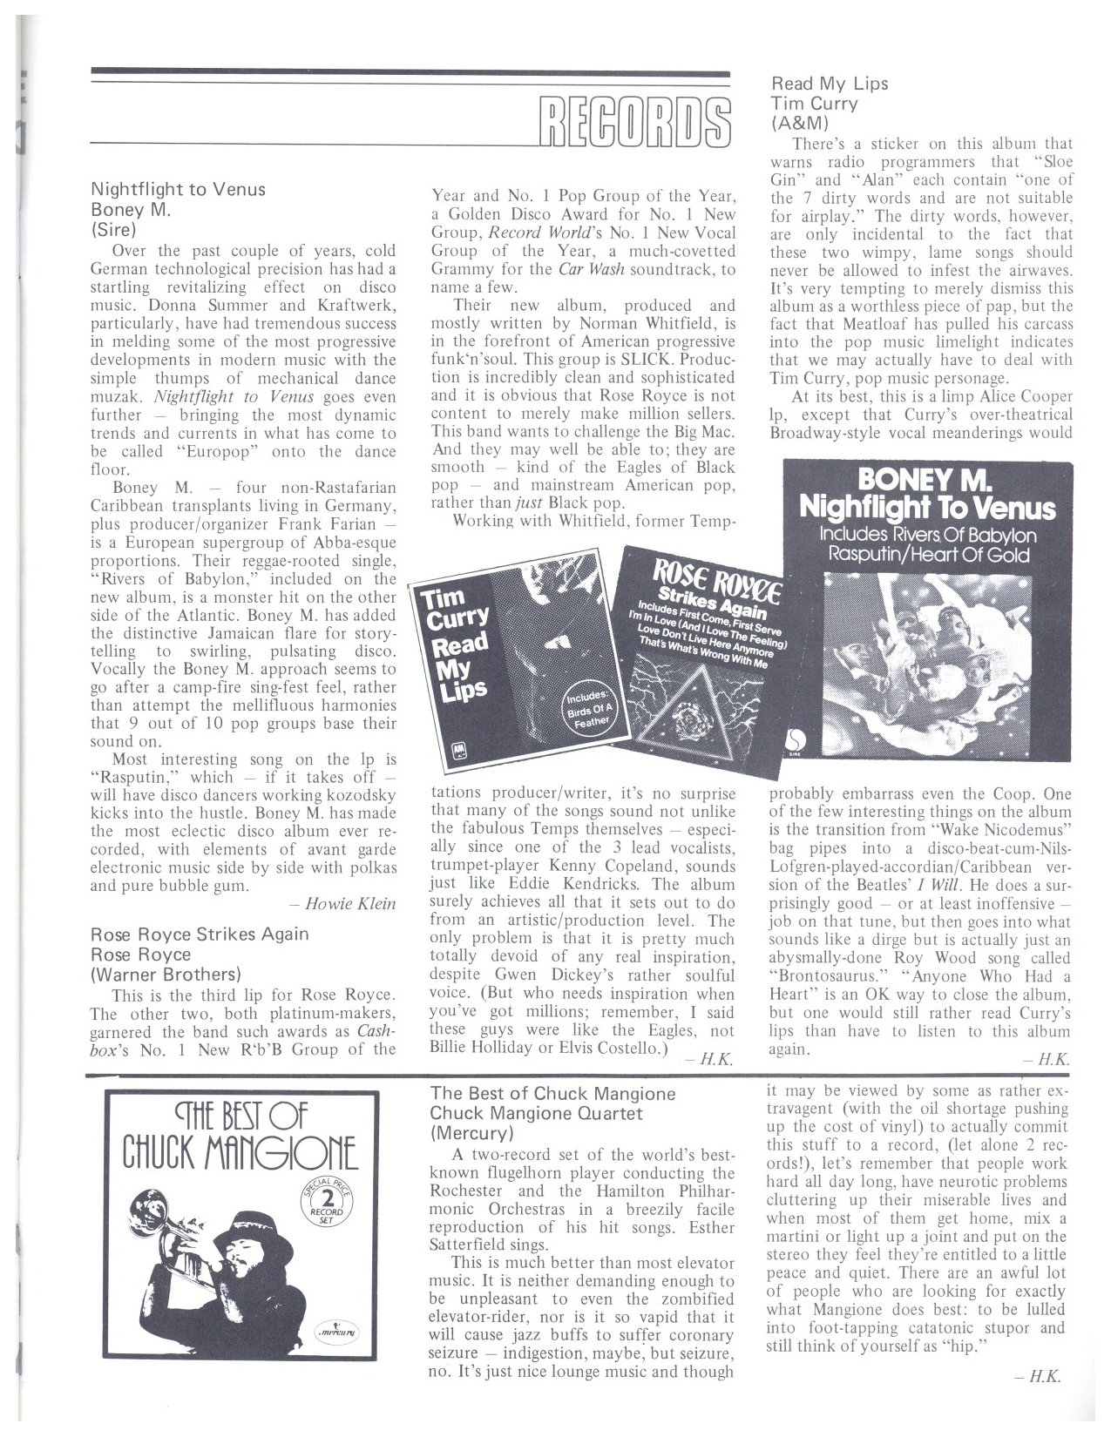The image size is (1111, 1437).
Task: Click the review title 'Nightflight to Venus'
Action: coord(179,189)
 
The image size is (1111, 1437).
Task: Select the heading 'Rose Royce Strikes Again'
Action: coord(200,934)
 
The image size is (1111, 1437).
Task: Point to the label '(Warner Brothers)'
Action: coord(166,974)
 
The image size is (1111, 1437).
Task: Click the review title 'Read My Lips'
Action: coord(830,84)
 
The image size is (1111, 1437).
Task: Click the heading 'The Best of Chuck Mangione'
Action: coord(553,1093)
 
